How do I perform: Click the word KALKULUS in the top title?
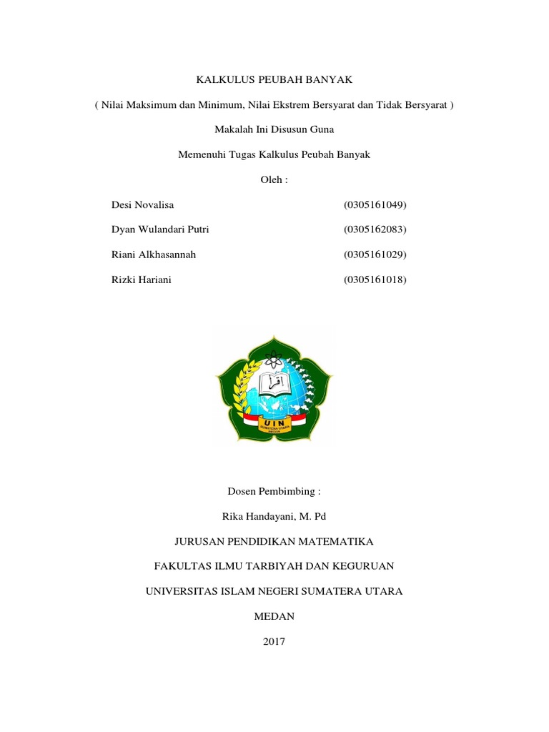pos(220,80)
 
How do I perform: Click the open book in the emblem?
pos(273,384)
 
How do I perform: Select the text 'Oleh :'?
pos(274,179)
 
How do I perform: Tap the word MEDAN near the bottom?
pos(274,616)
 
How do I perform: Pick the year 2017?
pos(274,641)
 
